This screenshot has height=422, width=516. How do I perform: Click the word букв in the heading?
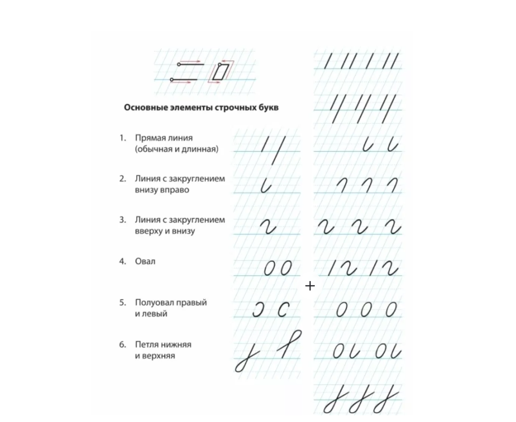[268, 108]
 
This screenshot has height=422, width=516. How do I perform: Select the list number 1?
[122, 138]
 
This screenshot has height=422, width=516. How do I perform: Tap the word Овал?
[145, 262]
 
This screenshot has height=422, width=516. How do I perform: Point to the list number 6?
[123, 345]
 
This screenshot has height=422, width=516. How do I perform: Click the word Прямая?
[149, 138]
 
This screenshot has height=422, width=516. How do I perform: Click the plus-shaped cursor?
[310, 286]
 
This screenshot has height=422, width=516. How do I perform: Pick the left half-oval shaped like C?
[283, 309]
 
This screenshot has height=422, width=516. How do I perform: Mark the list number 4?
[123, 262]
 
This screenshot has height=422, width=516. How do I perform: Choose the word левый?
[155, 314]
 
